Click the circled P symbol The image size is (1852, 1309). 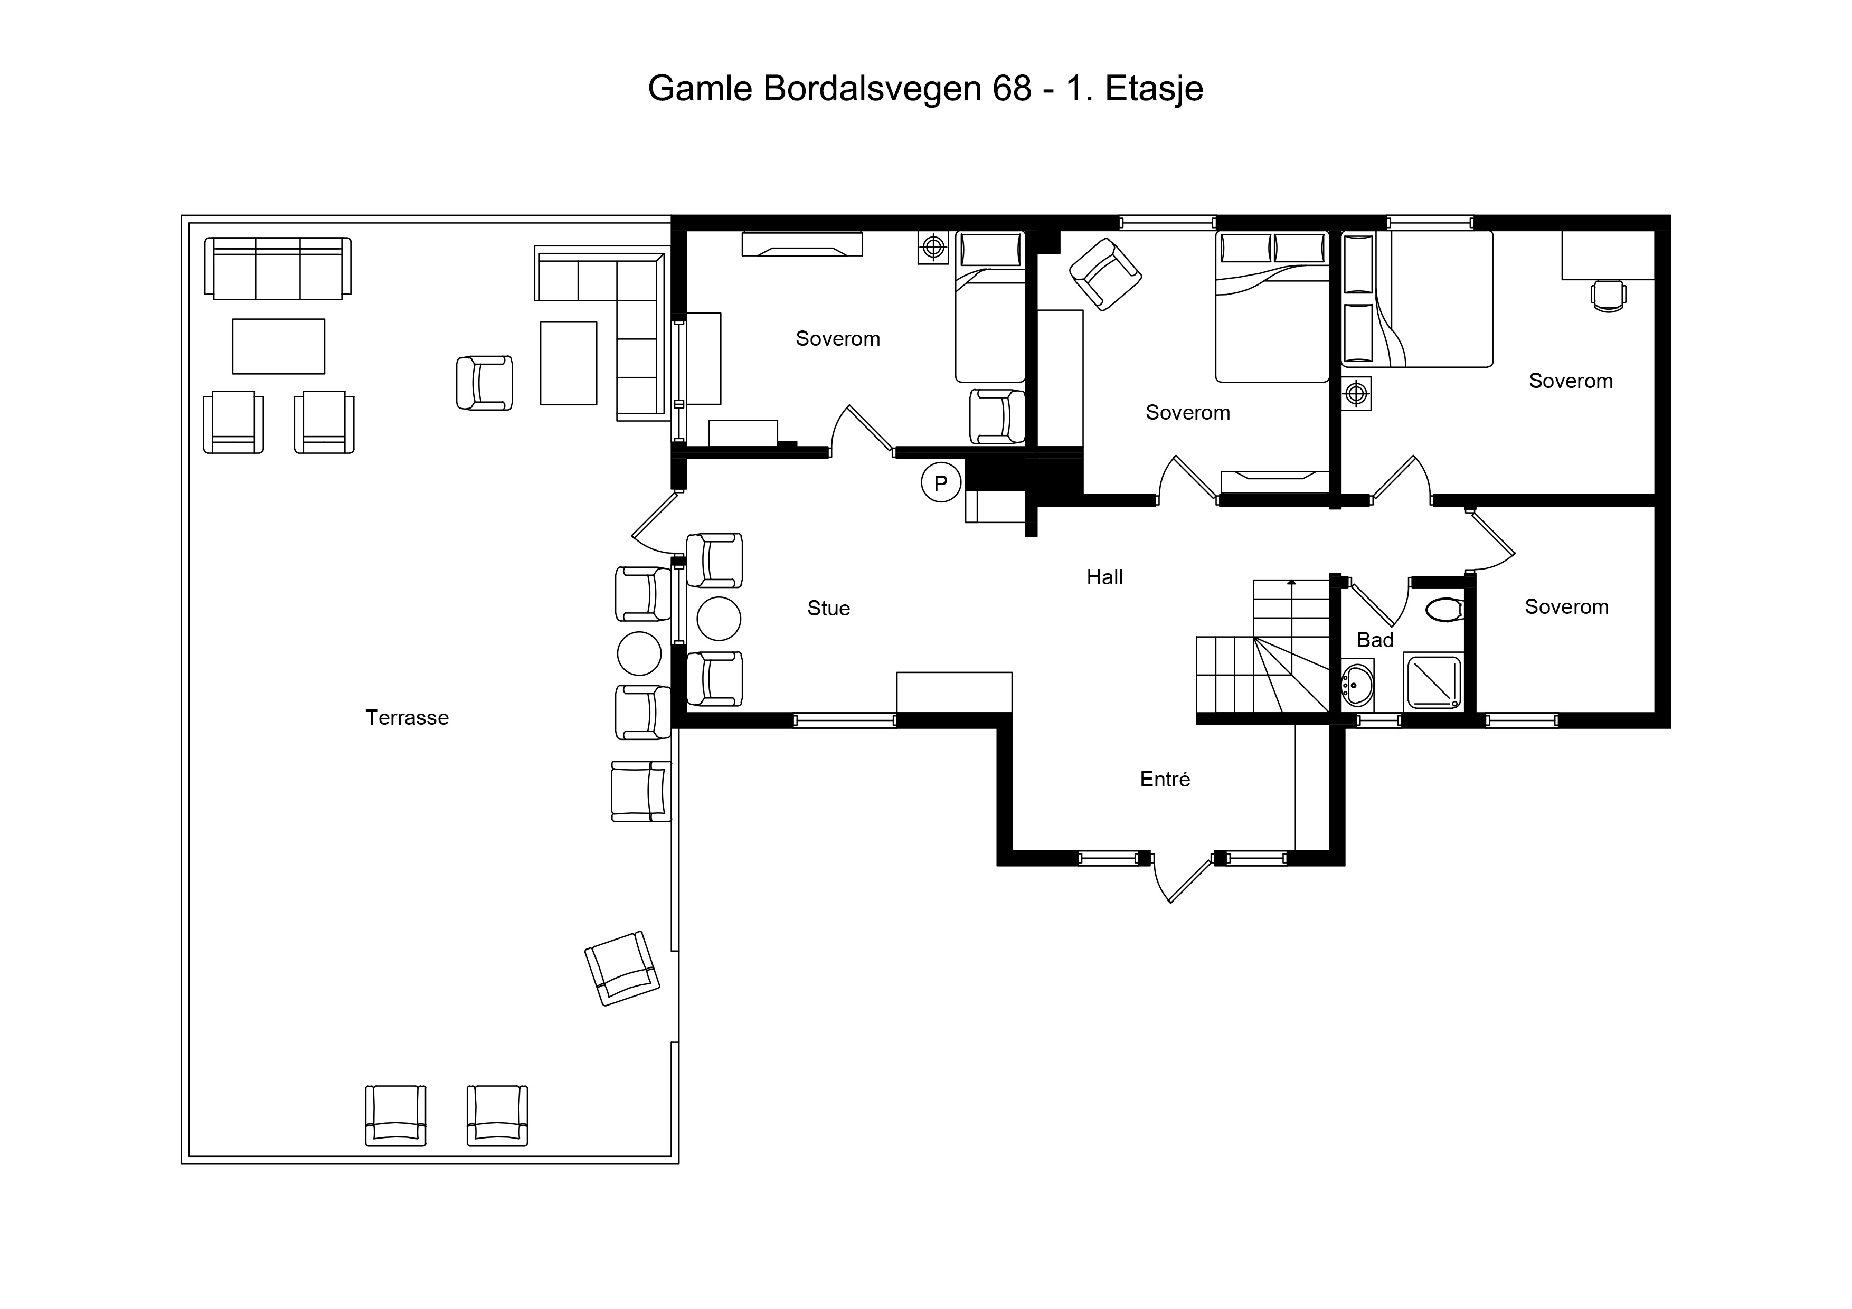click(941, 482)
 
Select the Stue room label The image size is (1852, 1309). click(828, 608)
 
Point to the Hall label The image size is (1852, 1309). click(1104, 577)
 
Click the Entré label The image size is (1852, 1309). click(1165, 779)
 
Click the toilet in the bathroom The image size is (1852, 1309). click(1444, 610)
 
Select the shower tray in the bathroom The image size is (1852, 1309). click(1433, 682)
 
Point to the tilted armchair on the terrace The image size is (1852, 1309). click(622, 968)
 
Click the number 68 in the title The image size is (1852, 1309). click(1012, 89)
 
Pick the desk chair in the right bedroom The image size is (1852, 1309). click(1609, 295)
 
